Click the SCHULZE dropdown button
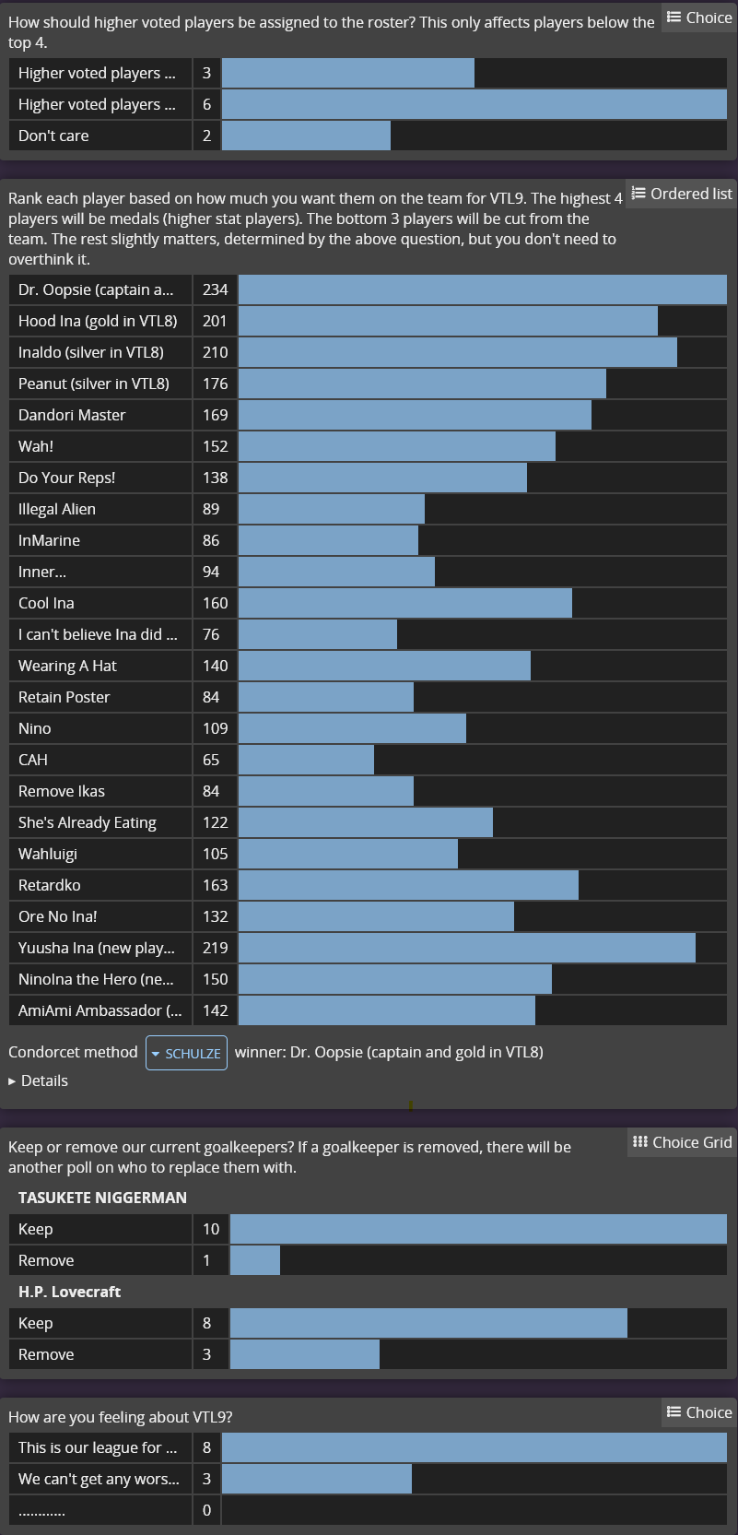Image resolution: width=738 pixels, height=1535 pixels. pos(186,1053)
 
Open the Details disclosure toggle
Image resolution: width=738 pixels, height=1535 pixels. pos(39,1080)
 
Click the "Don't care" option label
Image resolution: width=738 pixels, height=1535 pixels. pos(53,136)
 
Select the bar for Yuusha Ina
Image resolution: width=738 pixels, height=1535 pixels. pos(466,948)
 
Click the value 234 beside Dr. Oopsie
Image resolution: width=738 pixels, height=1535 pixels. pos(216,289)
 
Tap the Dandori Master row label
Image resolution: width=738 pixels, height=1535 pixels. pos(72,415)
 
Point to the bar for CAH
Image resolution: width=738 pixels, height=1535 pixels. pos(306,760)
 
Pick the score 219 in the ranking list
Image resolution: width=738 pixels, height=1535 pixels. pos(216,948)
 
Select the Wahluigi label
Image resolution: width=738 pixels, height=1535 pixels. pos(48,854)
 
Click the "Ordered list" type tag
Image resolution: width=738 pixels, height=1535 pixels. pos(682,194)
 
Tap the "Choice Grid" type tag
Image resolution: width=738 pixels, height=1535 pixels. pos(682,1142)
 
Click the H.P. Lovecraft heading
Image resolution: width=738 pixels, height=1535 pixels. pos(70,1292)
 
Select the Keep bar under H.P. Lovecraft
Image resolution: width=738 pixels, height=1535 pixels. pos(428,1323)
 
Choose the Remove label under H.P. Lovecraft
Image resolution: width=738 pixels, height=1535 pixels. pos(46,1354)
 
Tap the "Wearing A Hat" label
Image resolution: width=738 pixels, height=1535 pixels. pos(67,666)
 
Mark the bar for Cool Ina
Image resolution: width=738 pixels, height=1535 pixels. pos(404,603)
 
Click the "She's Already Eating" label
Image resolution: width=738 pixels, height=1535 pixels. pos(88,822)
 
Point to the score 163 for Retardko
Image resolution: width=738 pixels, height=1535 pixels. pos(216,885)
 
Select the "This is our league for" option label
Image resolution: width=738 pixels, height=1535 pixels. pos(90,1447)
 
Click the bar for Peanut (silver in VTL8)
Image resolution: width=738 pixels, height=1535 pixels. pos(422,384)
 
